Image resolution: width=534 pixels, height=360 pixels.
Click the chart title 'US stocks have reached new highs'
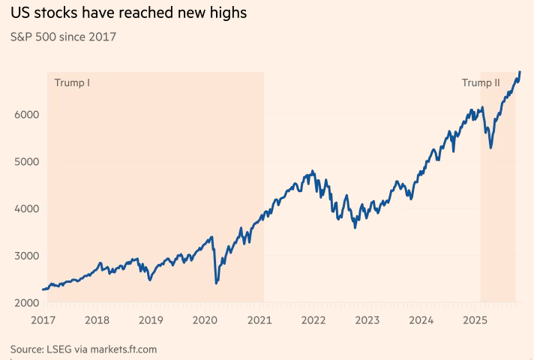click(x=128, y=13)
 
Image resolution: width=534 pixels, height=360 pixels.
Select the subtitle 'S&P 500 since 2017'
click(x=63, y=36)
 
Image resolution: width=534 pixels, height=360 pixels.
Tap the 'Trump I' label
click(x=72, y=82)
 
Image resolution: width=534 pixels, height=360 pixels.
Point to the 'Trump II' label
click(x=481, y=82)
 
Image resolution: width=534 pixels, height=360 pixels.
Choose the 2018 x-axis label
click(x=97, y=320)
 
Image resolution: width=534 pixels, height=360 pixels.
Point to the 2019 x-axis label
click(x=151, y=320)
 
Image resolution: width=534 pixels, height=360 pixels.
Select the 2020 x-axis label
click(x=205, y=320)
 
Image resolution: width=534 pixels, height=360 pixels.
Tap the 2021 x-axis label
click(x=259, y=320)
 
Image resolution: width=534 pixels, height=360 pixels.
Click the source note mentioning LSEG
click(x=83, y=349)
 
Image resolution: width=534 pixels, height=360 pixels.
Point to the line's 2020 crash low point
click(x=216, y=283)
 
